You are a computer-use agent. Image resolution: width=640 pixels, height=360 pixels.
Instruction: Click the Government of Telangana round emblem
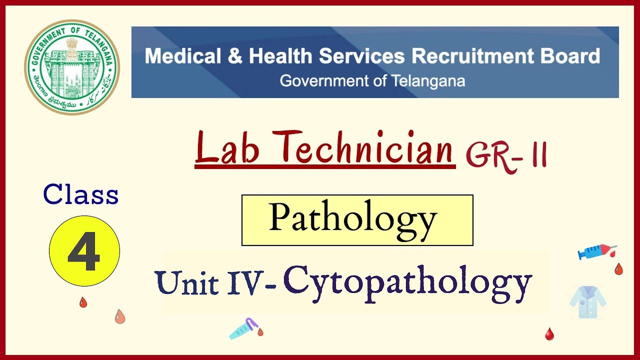click(x=72, y=67)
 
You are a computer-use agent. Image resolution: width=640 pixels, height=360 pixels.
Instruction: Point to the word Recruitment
click(x=467, y=56)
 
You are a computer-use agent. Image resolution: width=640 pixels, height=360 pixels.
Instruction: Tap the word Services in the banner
click(x=362, y=56)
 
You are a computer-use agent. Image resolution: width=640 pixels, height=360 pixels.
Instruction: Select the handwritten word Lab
click(x=227, y=148)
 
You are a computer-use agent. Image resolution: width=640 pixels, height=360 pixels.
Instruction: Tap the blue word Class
click(x=81, y=194)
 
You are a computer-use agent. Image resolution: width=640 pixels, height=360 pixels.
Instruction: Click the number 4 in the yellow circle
click(x=84, y=251)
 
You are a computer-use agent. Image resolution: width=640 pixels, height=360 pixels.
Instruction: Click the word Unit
click(x=186, y=283)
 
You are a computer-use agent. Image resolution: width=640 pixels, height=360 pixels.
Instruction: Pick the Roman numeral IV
click(x=245, y=283)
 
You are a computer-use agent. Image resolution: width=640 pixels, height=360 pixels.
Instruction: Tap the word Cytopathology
click(x=407, y=283)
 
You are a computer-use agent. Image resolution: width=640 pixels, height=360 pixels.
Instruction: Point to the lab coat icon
click(x=587, y=301)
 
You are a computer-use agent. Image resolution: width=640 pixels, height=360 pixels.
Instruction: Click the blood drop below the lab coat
click(x=549, y=333)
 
